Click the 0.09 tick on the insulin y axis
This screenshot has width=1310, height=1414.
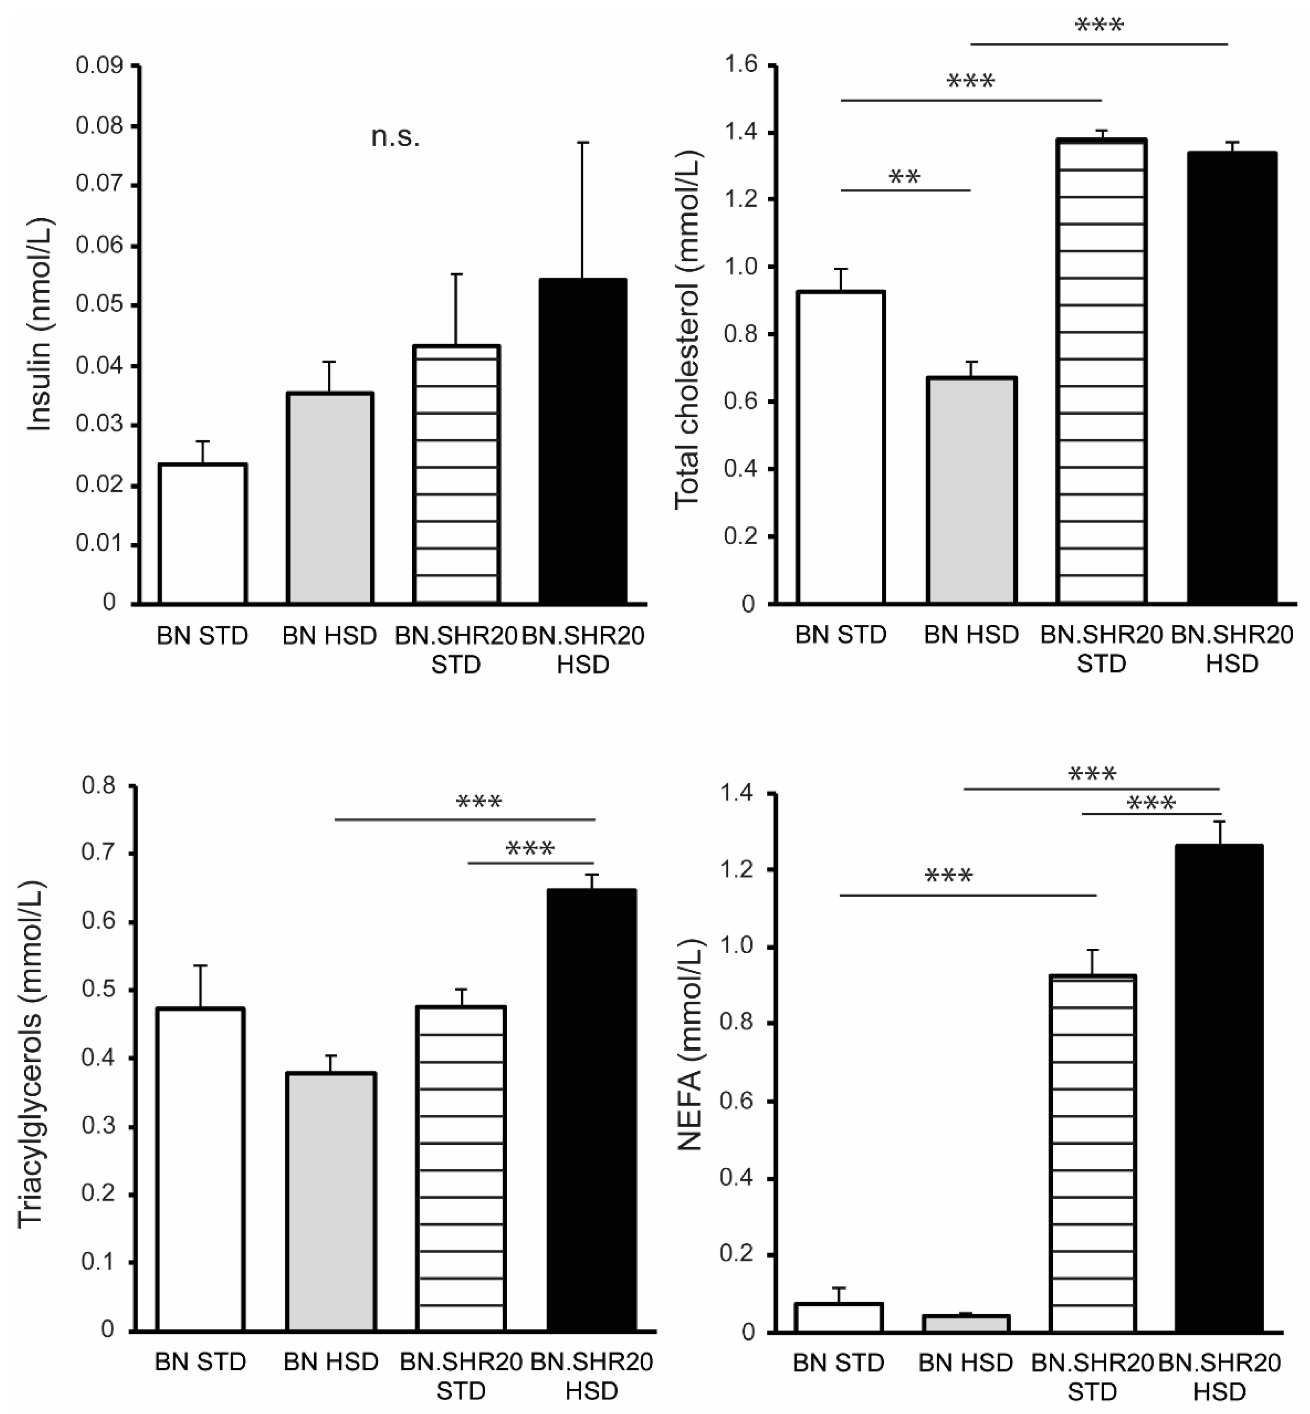coord(99,66)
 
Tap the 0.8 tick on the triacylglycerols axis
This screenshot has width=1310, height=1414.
coord(98,786)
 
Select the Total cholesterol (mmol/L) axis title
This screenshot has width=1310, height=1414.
coord(686,330)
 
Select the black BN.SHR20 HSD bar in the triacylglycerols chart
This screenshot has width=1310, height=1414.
coord(591,1110)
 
